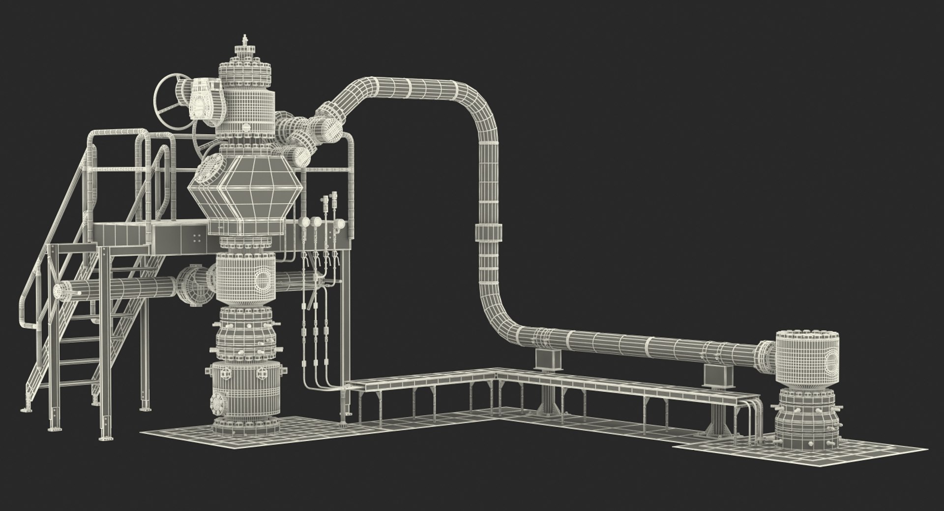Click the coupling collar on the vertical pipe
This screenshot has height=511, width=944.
coord(489,231)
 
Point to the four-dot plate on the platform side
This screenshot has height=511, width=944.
coord(198,238)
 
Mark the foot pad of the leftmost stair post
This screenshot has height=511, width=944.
coord(24,409)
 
